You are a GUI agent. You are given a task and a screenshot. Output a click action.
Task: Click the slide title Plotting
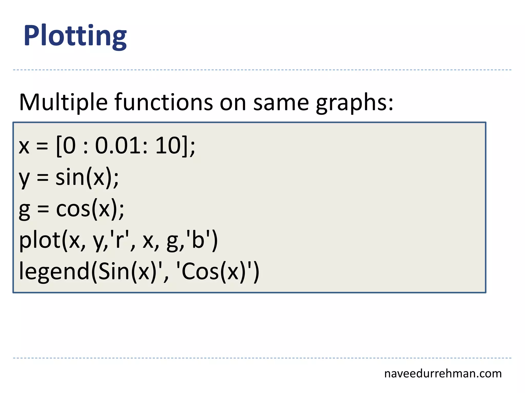tap(75, 36)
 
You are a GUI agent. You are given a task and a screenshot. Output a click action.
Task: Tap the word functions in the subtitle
tap(164, 102)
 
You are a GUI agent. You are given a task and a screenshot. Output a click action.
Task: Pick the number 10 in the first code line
tap(168, 146)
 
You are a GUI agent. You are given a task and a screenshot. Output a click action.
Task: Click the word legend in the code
tap(54, 272)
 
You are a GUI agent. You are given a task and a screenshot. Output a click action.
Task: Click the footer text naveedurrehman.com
tap(443, 374)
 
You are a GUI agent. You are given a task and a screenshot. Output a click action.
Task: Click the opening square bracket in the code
tap(59, 146)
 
